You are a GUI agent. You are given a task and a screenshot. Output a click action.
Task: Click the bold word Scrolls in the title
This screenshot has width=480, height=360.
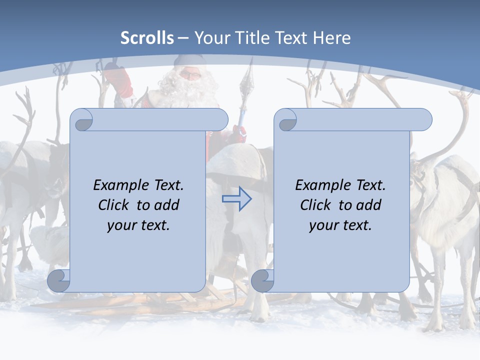[x=147, y=38]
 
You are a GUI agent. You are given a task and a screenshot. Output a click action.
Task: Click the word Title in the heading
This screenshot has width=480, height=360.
[x=247, y=38]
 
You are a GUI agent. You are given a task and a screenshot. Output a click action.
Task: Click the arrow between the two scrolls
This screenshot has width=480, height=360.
[x=236, y=198]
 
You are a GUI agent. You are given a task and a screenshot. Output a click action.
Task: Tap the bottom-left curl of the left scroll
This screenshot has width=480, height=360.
[x=58, y=280]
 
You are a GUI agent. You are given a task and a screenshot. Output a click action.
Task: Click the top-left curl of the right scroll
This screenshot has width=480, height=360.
[x=287, y=120]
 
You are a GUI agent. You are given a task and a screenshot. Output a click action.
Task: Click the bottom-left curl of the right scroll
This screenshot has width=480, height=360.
[x=262, y=280]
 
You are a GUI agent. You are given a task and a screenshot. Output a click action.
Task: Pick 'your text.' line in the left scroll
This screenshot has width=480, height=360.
[x=138, y=225]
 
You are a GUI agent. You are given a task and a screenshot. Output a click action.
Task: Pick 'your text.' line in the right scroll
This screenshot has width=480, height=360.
[x=340, y=225]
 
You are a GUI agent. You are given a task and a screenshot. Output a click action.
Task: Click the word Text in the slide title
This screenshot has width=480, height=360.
[x=292, y=38]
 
